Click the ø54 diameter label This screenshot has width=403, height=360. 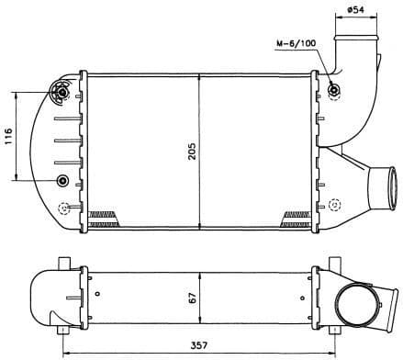355,10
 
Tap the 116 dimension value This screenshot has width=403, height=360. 8,137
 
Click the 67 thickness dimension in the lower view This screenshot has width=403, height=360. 191,297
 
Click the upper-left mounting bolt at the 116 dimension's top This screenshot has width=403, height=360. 62,92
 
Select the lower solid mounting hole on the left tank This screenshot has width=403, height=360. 62,179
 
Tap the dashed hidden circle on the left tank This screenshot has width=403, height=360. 62,207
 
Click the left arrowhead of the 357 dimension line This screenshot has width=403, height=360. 64,354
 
